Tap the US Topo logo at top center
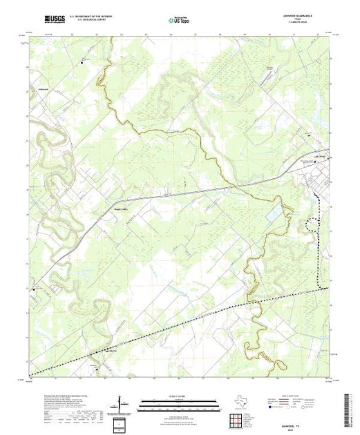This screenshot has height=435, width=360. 179,21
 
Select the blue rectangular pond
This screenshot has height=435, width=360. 276,215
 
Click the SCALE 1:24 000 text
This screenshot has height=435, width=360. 179,396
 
